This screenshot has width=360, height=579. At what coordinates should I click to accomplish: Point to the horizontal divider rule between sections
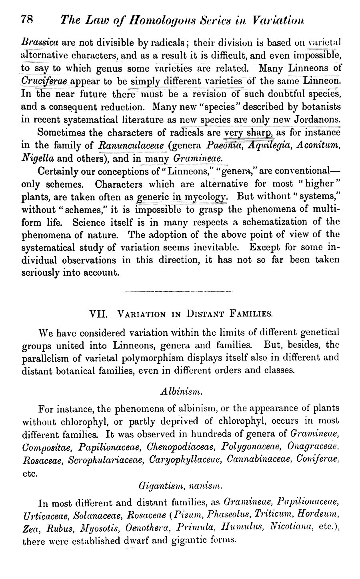178,291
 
